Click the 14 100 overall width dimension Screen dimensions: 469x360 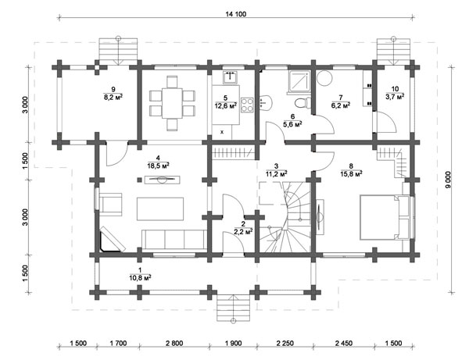(236, 14)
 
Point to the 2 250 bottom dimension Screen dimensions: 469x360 (285, 344)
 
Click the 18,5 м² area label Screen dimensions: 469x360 (158, 166)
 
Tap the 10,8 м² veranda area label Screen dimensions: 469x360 (140, 278)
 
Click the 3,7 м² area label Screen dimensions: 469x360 (395, 96)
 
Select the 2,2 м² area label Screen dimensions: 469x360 (243, 231)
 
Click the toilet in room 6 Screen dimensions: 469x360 (302, 103)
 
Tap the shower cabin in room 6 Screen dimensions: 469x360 (299, 83)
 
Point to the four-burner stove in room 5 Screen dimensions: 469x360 (247, 105)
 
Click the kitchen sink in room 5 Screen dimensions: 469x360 (230, 77)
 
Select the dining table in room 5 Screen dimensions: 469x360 (172, 103)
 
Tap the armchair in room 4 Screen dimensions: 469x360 (110, 204)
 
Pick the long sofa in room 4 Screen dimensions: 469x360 (174, 240)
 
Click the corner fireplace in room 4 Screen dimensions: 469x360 (111, 240)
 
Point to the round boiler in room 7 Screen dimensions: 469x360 (324, 78)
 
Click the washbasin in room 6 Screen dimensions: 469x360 (266, 102)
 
